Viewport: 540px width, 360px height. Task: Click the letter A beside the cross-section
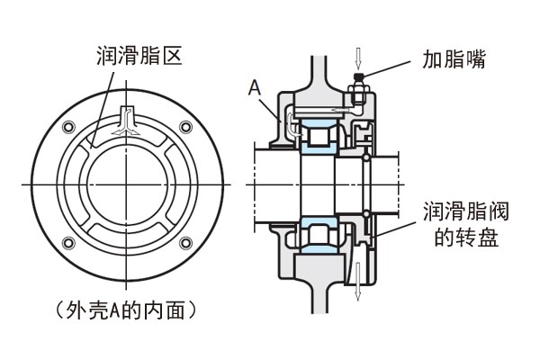click(x=256, y=88)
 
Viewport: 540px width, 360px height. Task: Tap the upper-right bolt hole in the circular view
click(x=185, y=124)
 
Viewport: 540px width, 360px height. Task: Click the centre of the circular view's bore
click(x=125, y=184)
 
